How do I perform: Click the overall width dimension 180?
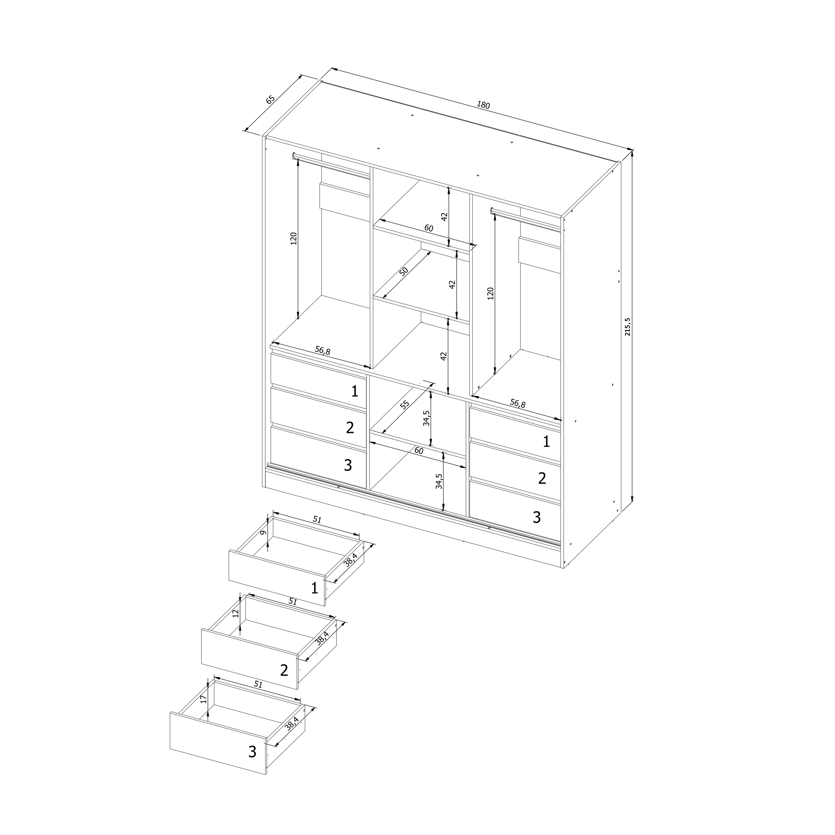483,105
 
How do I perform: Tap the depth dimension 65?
270,100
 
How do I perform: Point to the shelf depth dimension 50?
403,271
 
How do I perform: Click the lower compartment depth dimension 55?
404,405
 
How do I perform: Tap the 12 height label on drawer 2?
235,613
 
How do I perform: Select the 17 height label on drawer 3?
203,699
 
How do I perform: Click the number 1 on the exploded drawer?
315,588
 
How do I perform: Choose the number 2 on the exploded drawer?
284,670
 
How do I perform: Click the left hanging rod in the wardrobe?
331,165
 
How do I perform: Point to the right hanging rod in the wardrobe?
526,218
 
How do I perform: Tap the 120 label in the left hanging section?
293,238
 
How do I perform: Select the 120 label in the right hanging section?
490,293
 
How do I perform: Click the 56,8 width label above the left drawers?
322,350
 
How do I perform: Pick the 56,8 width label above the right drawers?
517,404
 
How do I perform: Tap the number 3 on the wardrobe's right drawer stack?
536,517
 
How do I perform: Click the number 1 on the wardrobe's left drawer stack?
355,391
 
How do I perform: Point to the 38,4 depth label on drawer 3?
291,723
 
